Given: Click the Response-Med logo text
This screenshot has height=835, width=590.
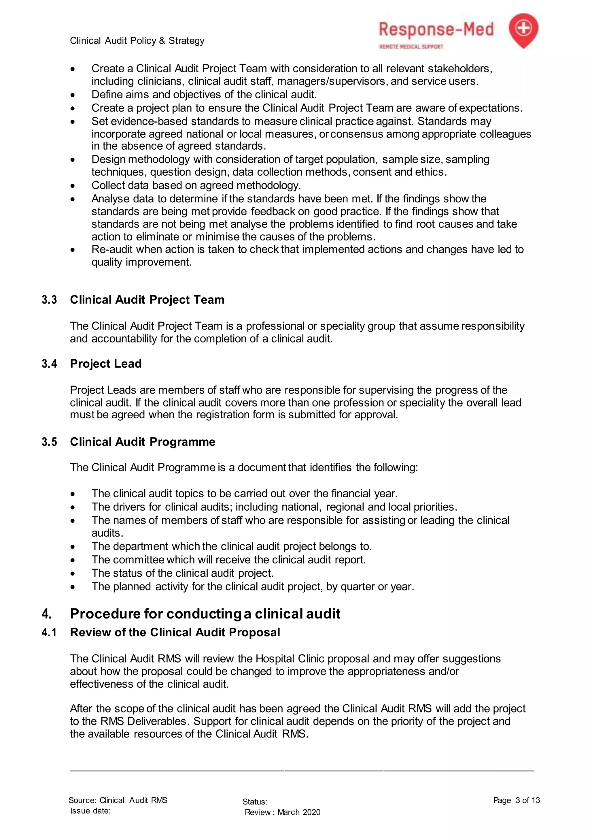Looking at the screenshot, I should coord(436,30).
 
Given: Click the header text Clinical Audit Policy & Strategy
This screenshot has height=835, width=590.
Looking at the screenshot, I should coord(137,41).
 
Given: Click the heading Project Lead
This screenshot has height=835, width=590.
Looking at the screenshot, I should coord(106,364).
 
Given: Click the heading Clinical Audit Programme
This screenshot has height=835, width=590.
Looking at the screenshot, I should coord(142,442).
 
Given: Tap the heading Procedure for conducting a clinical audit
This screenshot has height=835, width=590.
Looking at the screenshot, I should coord(205,614).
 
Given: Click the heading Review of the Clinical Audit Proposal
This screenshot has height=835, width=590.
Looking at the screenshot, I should coord(175,632).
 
